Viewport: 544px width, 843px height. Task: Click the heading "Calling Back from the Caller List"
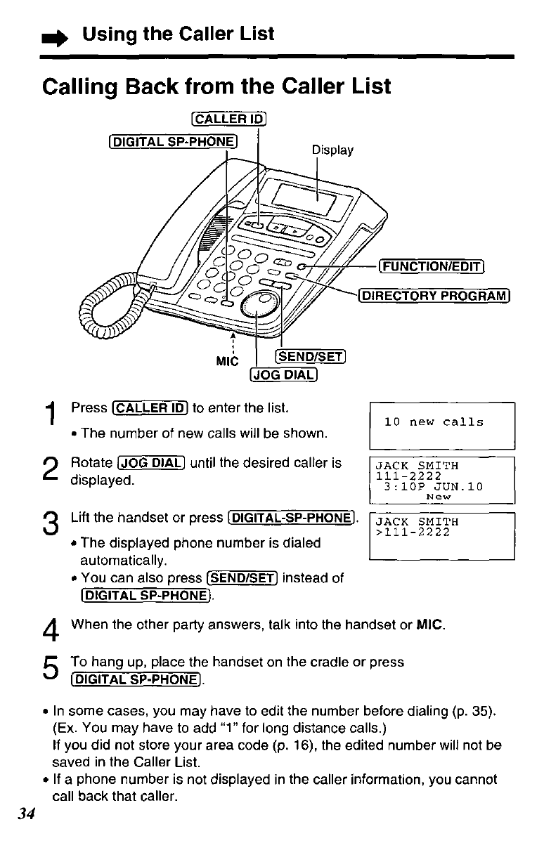pos(216,87)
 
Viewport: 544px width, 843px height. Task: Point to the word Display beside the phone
pos(332,150)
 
